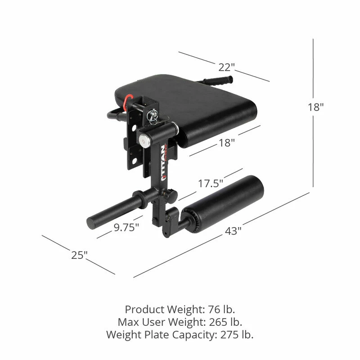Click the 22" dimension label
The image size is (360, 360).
227,67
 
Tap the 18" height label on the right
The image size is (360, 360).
316,107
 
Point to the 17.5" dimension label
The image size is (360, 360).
210,184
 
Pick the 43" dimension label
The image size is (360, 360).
233,231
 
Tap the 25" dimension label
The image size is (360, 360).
79,255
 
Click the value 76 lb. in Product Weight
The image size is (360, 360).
221,310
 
